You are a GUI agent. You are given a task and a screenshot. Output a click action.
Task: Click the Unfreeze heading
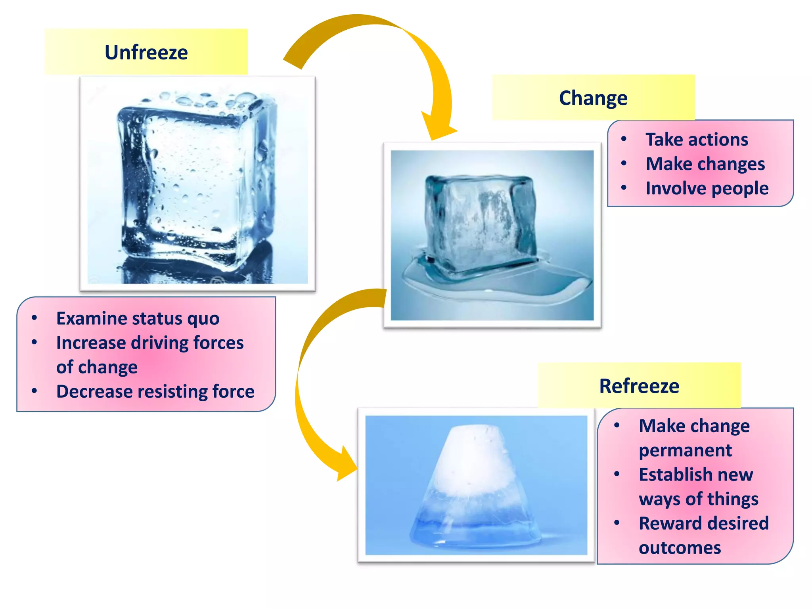coord(146,52)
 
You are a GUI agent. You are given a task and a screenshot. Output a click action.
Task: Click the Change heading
coord(593,98)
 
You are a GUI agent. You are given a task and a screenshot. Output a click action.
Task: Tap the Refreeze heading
coord(639,386)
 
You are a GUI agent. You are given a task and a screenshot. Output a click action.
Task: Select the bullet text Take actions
coord(697,140)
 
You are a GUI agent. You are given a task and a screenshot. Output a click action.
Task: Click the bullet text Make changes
coord(705,164)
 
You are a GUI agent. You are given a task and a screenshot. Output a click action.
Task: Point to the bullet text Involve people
coord(707,188)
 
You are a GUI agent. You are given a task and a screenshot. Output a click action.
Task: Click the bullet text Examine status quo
coord(138,318)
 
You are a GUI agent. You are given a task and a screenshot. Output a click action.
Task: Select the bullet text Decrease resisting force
coord(155,391)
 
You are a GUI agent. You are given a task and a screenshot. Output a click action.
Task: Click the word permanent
coord(685,450)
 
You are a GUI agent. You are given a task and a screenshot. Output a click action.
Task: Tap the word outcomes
coord(680,548)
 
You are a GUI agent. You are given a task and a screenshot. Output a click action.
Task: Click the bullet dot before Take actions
coord(624,139)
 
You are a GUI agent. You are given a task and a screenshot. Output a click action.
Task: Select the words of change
coord(97,367)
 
